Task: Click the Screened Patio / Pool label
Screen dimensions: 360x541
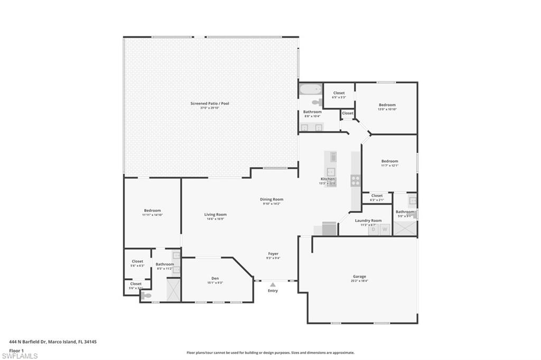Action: tap(210, 103)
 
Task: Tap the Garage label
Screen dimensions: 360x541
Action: tap(359, 277)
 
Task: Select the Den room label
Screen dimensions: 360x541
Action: tap(215, 278)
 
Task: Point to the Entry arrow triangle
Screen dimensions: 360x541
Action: tap(273, 285)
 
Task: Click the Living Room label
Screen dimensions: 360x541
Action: tap(216, 214)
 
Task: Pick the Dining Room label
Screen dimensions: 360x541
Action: tap(272, 200)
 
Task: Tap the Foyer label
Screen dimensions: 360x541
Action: tap(273, 254)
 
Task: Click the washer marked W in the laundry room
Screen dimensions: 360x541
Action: tap(385, 230)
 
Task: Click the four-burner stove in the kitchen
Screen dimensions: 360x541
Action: tap(356, 181)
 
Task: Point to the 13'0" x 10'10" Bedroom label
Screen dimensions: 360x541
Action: tap(387, 105)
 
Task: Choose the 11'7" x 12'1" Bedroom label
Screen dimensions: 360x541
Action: tap(390, 161)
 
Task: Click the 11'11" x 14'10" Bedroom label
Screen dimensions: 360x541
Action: tap(152, 211)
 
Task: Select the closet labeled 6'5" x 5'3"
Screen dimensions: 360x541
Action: tap(339, 93)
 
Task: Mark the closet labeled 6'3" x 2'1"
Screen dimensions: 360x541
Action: tap(377, 196)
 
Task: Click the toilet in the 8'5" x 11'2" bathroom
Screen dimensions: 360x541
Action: tap(146, 296)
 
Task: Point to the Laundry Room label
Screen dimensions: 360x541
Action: tap(368, 221)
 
